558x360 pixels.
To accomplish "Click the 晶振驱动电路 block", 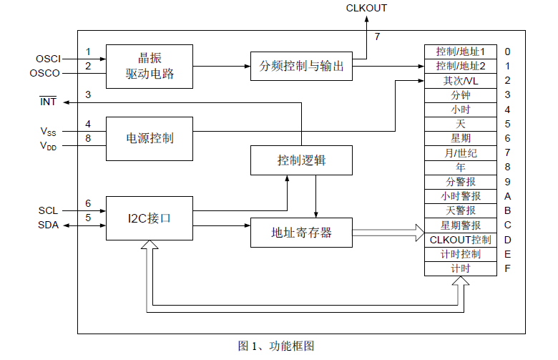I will coord(150,66).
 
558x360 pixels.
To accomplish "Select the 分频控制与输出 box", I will coord(302,67).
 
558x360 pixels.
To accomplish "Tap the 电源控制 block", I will coord(150,138).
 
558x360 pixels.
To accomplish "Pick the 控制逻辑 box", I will coord(302,160).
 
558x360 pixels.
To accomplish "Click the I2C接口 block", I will coord(150,218).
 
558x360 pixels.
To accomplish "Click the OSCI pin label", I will coord(48,58).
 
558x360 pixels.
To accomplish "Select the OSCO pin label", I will coord(46,73).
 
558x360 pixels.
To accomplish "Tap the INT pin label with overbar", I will coord(48,102).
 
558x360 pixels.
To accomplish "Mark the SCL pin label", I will coord(49,210).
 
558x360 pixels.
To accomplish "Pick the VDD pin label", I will coord(48,146).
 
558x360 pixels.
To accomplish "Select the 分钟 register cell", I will coord(460,95).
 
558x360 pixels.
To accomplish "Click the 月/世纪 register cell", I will coord(460,152).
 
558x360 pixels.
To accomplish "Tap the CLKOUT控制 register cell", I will coord(460,239).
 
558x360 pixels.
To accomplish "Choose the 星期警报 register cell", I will coord(460,225).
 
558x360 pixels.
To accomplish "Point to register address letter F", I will coord(507,268).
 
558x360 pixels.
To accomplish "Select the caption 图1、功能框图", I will coord(276,346).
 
